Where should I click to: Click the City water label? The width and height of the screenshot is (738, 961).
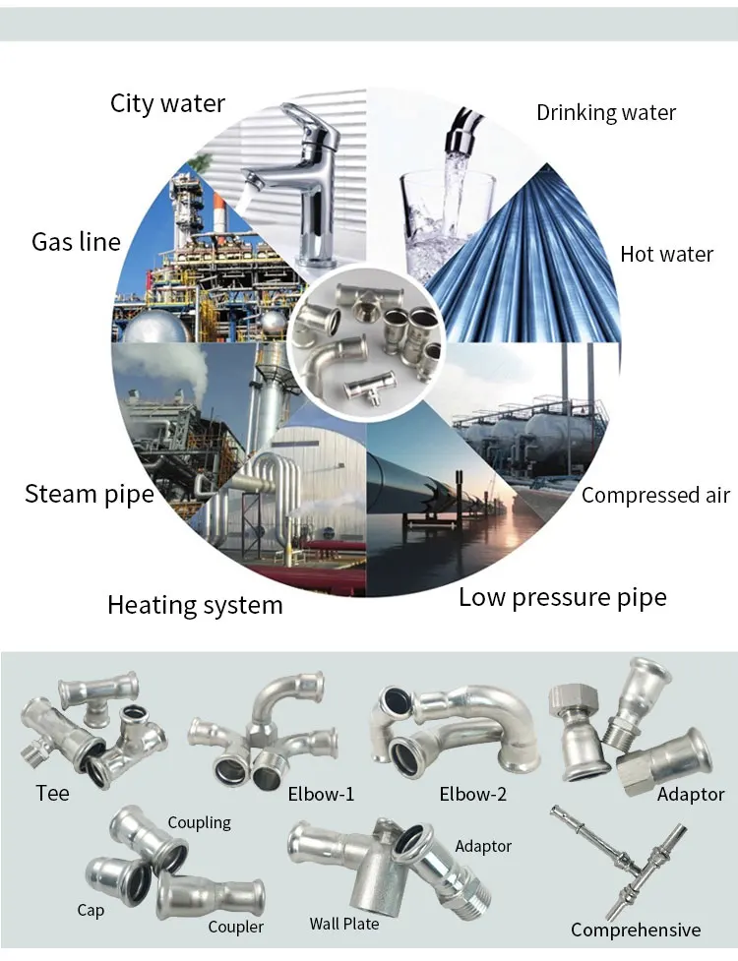[167, 103]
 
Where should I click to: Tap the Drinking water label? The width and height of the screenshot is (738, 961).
[606, 112]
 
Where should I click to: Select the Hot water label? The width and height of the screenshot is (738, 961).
[666, 254]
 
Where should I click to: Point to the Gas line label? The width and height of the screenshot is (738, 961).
[76, 241]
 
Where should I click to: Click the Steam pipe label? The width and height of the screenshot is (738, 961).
[90, 493]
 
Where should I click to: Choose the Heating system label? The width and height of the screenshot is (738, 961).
[195, 605]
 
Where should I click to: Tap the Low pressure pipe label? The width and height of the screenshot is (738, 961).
[562, 596]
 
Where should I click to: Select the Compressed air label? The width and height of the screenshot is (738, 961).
[655, 495]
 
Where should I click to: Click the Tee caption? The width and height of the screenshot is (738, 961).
[52, 792]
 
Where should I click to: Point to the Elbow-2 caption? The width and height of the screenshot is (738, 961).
[473, 794]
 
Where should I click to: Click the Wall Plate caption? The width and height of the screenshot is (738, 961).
[343, 924]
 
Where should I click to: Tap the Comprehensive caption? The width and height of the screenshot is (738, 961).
[636, 930]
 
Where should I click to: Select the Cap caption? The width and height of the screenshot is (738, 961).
[91, 910]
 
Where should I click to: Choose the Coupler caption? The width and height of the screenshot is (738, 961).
[235, 927]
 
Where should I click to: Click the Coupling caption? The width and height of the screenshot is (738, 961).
[199, 822]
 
